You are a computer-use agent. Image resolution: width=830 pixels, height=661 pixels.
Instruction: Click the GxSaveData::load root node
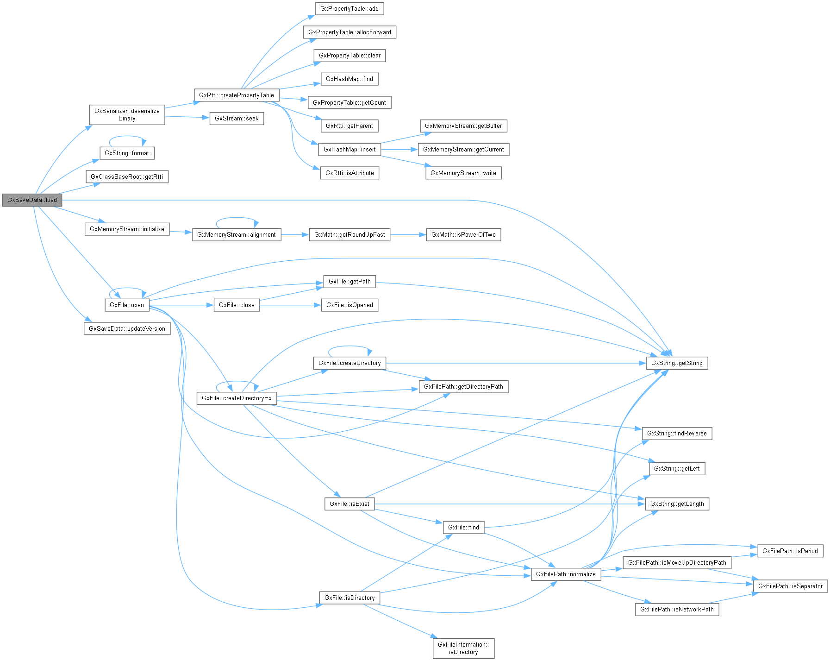(32, 200)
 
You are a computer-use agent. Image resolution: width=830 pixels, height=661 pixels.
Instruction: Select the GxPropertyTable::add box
(349, 9)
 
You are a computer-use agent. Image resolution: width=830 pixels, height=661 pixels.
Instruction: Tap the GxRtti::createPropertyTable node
(237, 95)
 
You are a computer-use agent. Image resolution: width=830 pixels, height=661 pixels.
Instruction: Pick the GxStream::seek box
(237, 119)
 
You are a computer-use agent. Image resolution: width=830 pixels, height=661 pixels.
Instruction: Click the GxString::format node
(127, 153)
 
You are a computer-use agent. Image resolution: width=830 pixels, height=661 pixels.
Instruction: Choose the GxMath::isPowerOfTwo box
(463, 235)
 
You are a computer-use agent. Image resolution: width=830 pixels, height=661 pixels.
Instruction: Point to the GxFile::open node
(127, 305)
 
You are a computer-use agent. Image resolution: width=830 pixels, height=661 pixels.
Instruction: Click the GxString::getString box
(677, 363)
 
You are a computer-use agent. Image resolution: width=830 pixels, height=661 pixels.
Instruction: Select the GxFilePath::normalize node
(566, 574)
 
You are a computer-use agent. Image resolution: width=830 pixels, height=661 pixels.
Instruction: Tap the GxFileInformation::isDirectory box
(463, 648)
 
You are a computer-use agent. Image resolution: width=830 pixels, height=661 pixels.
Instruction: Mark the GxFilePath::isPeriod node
(790, 551)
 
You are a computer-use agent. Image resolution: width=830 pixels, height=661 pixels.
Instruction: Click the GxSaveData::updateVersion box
(127, 329)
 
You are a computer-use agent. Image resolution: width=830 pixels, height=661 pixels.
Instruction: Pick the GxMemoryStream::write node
(463, 173)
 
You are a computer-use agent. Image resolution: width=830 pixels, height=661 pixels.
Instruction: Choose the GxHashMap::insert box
(349, 150)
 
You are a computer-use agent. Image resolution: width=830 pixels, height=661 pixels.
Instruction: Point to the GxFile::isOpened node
(349, 305)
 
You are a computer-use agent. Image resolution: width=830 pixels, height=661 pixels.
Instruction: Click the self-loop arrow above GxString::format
(127, 136)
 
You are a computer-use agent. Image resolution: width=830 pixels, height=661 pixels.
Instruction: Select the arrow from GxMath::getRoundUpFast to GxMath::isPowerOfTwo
(408, 235)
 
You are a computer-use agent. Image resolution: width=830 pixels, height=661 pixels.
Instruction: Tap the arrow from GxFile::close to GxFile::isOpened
(290, 305)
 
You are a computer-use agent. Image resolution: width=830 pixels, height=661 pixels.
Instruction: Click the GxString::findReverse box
(677, 434)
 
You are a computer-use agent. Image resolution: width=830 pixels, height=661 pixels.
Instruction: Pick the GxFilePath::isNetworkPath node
(677, 610)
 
